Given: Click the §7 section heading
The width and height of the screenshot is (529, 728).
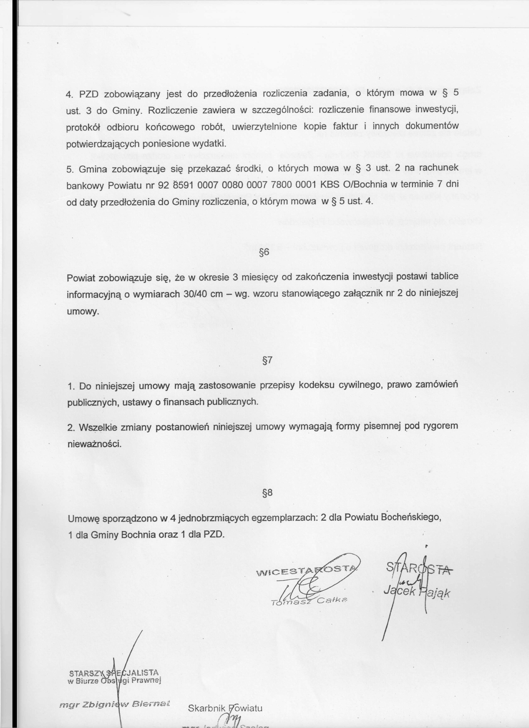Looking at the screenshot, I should click(267, 360).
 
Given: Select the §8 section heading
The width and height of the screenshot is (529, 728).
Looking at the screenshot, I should click(267, 494).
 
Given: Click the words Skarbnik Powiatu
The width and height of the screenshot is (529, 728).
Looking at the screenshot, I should click(225, 708).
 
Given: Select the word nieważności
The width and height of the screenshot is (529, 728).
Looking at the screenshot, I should click(94, 444).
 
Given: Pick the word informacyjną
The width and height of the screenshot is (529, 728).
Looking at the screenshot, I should click(94, 294).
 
